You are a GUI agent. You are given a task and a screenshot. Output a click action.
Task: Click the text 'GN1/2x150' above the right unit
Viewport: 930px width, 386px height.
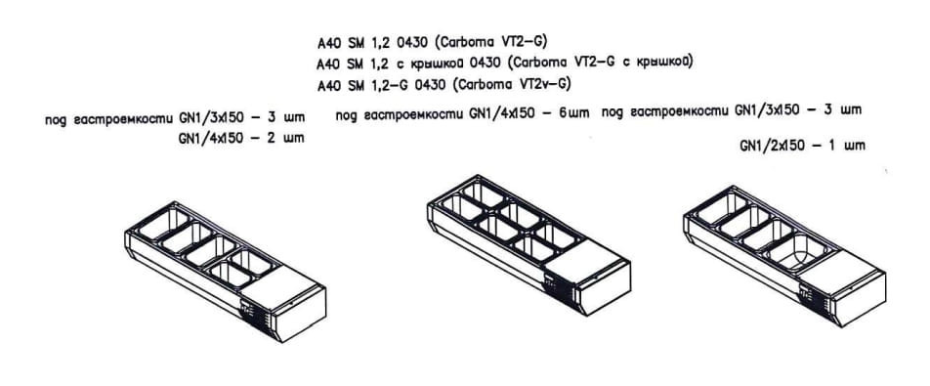tap(772, 145)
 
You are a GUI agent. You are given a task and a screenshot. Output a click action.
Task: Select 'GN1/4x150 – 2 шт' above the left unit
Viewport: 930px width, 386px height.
tap(241, 139)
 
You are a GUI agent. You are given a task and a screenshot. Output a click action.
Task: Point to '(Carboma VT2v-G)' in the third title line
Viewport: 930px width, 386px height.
tap(511, 85)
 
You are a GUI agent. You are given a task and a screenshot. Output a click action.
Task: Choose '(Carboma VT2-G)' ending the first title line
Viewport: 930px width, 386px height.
tap(490, 42)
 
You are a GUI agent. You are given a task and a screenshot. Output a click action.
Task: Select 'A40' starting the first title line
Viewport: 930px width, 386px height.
tap(327, 43)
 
